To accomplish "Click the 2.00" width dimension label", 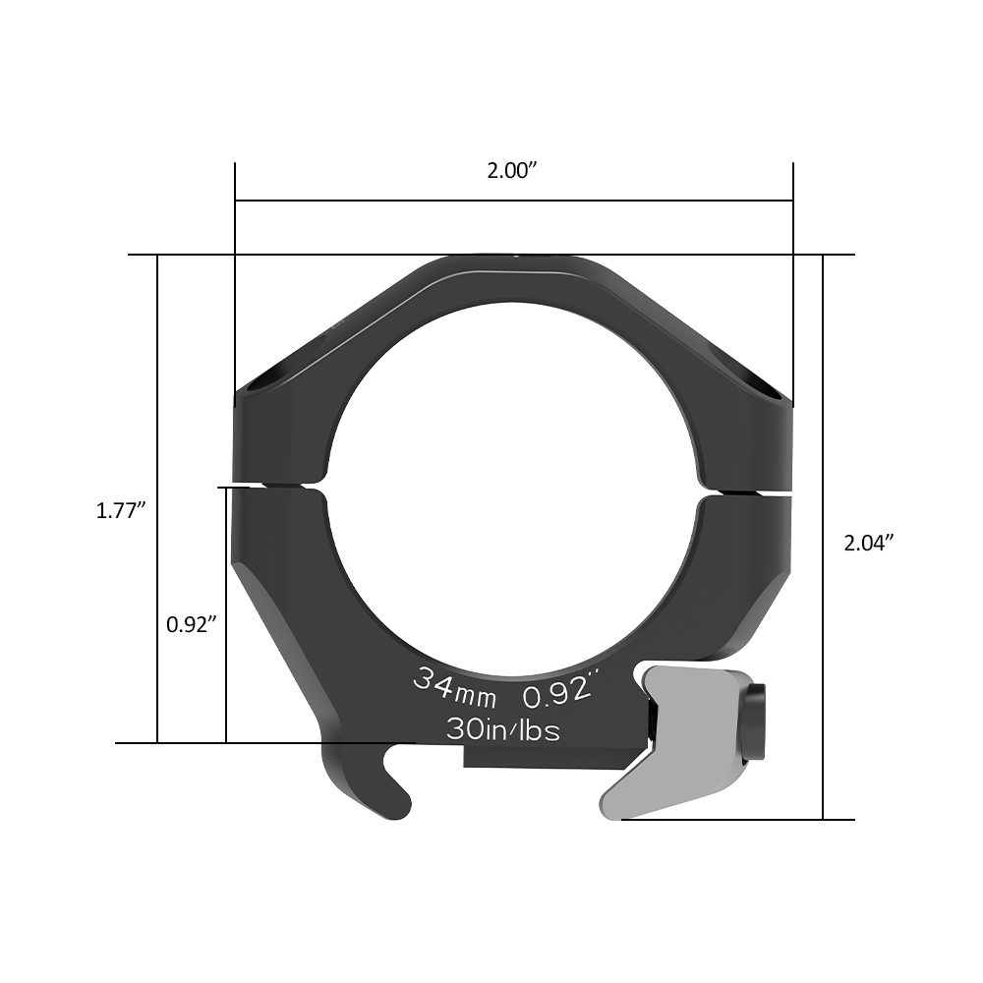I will (x=512, y=170).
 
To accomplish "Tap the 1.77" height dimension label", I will (x=121, y=510).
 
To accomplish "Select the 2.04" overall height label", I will (x=869, y=542).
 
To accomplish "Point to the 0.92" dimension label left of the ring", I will (x=191, y=623).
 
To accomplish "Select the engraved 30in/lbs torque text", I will (x=503, y=728).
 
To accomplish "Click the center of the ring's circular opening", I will (x=512, y=483).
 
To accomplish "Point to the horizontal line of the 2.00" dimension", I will (x=513, y=201).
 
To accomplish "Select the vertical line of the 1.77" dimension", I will (x=157, y=393).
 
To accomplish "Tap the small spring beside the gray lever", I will (x=653, y=723).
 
